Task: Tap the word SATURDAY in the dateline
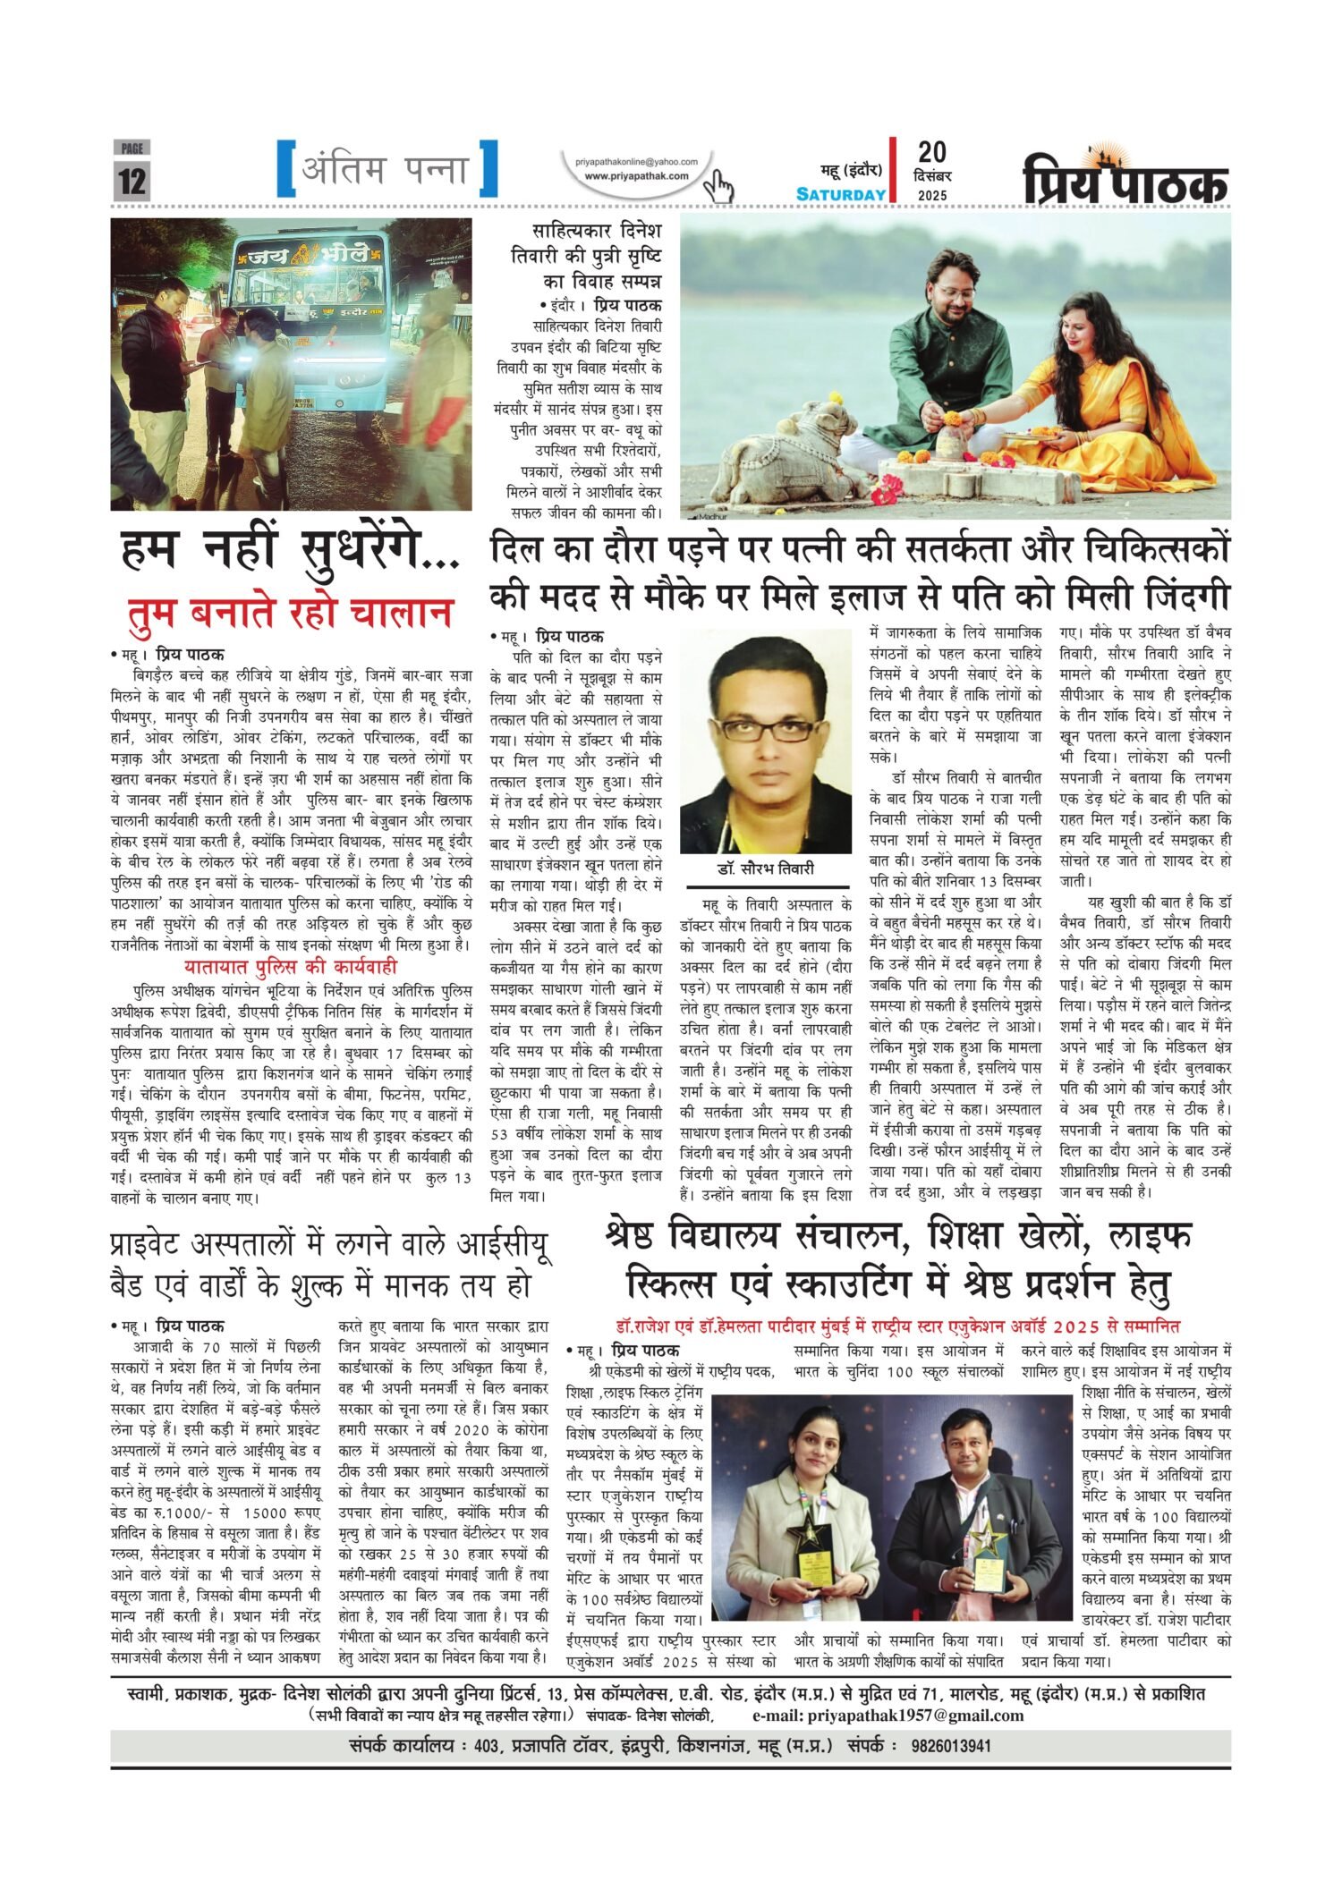coord(841,194)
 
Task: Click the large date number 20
coord(931,153)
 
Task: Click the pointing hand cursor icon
coord(718,186)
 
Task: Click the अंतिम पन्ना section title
coord(386,169)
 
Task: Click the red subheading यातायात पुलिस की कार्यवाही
coord(291,967)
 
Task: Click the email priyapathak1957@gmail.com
coord(888,1715)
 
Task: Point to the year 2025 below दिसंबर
coord(932,195)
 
